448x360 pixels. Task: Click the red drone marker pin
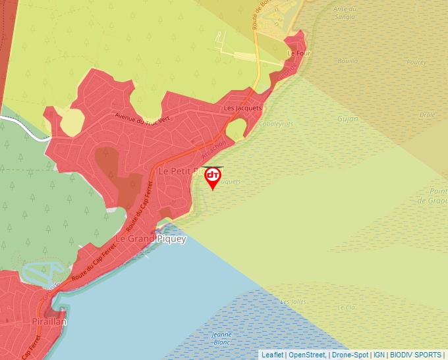(213, 177)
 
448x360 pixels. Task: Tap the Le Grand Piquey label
(151, 239)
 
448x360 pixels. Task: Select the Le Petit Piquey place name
(181, 170)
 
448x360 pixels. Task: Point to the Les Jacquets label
(243, 108)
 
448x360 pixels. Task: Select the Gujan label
(347, 119)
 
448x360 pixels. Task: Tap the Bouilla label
(347, 61)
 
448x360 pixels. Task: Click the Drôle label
(428, 115)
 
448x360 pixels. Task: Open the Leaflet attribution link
(272, 355)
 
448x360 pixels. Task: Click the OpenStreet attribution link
(306, 355)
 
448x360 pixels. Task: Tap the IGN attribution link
(379, 355)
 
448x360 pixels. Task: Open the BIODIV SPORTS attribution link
(416, 355)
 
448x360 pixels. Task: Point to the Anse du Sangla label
(345, 13)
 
